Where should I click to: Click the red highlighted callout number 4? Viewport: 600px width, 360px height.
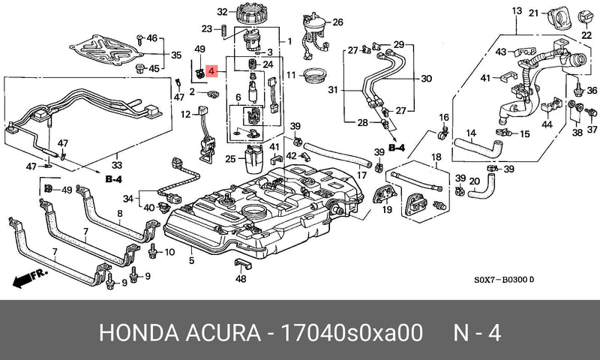pos(212,70)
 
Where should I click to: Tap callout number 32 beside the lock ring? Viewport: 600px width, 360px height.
pos(222,12)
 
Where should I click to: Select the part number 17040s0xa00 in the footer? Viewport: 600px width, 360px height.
pos(352,332)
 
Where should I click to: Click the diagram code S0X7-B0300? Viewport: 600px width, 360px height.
pos(501,280)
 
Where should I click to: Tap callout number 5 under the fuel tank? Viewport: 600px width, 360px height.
pos(191,260)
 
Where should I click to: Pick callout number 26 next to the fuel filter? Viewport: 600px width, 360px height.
pos(337,22)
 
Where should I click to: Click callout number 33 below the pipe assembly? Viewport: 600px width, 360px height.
pos(117,165)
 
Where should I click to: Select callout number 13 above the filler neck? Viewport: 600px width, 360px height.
pos(517,10)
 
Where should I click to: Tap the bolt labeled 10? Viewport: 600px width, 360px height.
pos(153,250)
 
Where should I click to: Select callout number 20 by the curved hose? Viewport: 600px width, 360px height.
pos(475,181)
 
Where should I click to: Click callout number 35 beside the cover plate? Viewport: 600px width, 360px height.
pos(176,55)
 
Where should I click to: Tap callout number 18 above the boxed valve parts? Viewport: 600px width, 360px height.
pos(436,157)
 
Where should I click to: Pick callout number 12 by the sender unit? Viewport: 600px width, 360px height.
pos(185,114)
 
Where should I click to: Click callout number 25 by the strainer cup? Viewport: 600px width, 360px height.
pos(230,158)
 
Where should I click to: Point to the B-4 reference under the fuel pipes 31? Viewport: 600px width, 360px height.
pos(397,148)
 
